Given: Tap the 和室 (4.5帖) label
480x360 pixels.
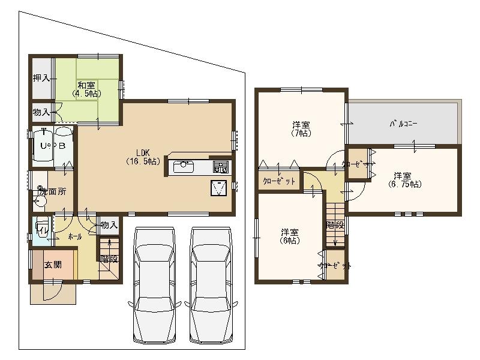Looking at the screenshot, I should (x=86, y=90).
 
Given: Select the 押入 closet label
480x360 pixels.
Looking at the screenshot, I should (x=41, y=78).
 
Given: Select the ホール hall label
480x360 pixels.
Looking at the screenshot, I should (x=75, y=237).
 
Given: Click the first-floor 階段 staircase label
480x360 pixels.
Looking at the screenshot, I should (x=109, y=259).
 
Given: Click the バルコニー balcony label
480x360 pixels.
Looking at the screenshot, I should (x=404, y=124).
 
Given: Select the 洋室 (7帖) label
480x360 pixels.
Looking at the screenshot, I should (x=301, y=129).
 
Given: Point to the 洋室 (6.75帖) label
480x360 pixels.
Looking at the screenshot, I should (x=403, y=180).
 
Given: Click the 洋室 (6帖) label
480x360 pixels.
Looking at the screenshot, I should (x=290, y=236).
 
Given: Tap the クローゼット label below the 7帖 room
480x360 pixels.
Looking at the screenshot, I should (x=279, y=182).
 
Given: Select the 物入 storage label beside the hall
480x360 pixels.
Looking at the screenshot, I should (x=109, y=225).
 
